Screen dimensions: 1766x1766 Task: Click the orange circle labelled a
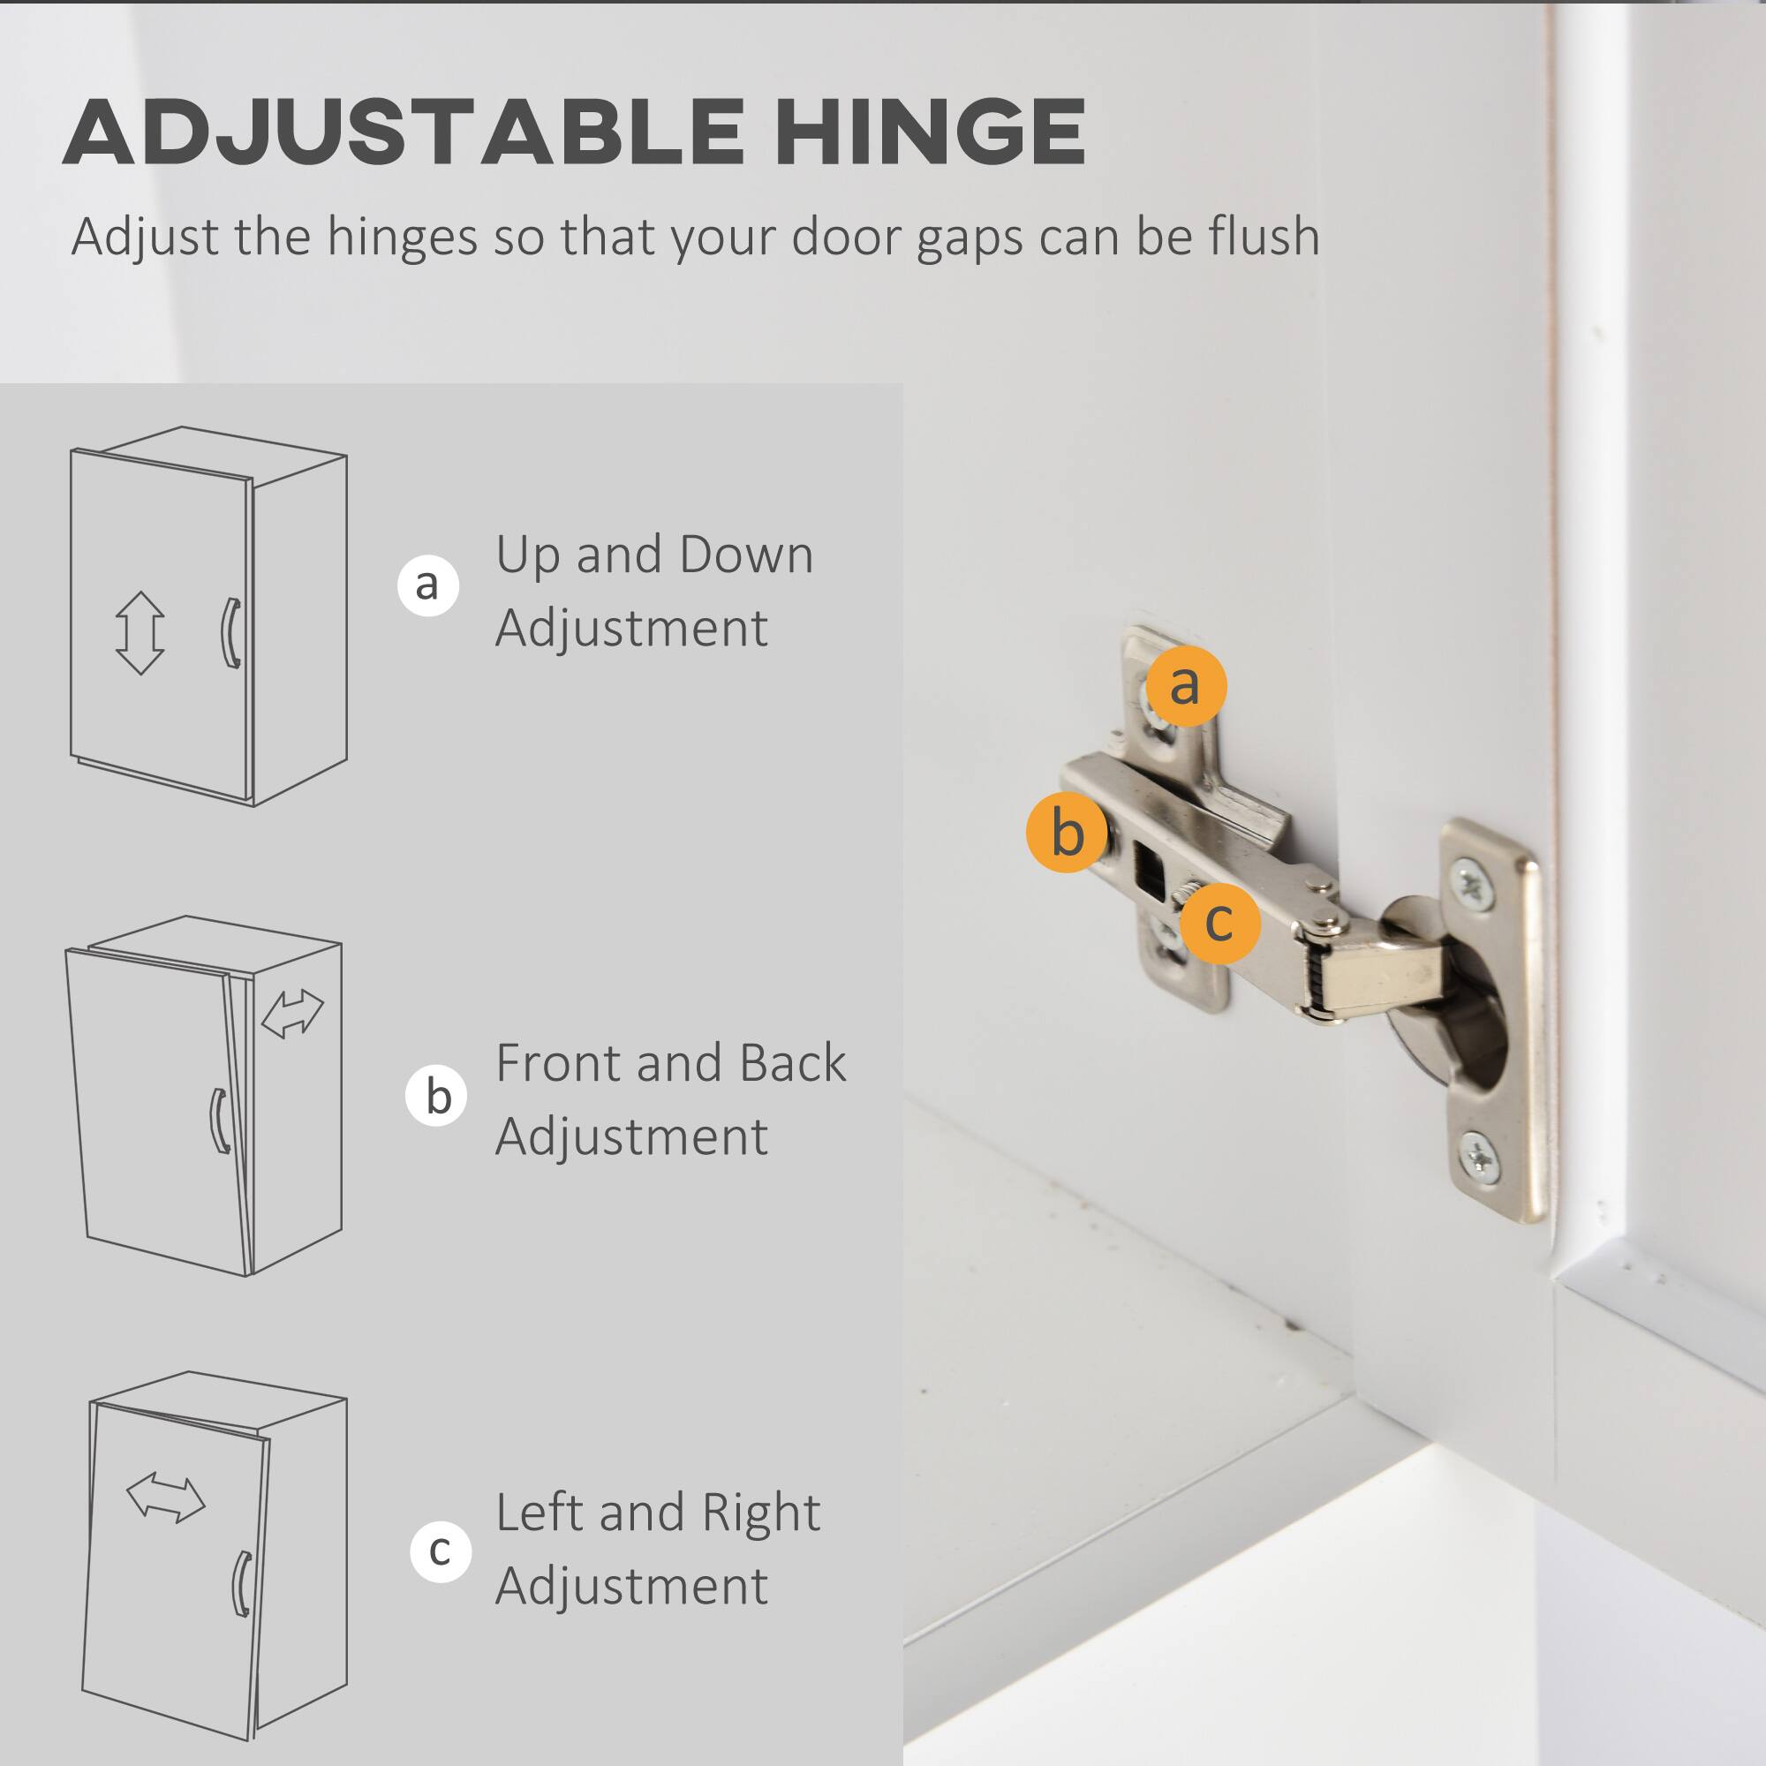1186,685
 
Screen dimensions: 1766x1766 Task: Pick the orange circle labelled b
1067,832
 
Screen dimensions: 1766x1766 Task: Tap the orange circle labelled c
1219,923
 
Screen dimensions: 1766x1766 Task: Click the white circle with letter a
427,585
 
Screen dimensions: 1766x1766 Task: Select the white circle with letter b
437,1095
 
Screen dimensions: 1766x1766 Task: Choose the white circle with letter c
441,1551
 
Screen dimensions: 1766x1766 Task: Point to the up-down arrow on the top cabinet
140,632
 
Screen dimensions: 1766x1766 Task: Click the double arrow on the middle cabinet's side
292,1015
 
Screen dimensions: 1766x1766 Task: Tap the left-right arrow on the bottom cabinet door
165,1498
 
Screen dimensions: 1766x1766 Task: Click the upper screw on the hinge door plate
1472,885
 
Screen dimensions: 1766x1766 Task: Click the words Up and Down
654,554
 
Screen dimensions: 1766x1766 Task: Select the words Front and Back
671,1063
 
